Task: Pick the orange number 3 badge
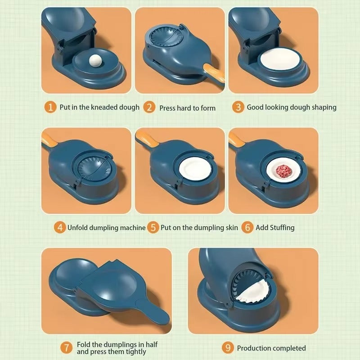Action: tap(238, 107)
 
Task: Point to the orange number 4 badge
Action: tap(59, 227)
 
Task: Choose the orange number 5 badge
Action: tap(153, 227)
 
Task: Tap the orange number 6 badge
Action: tap(247, 227)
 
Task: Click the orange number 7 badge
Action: tap(66, 348)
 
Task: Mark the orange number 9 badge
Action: tap(228, 348)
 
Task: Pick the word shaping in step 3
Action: tap(321, 108)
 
